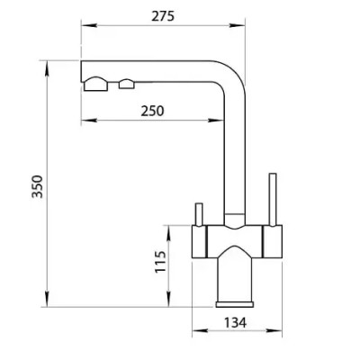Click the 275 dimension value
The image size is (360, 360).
coord(163,16)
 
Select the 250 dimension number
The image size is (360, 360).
coord(153,111)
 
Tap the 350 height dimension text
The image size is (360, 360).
coord(38,186)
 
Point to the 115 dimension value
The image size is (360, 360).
coord(160,262)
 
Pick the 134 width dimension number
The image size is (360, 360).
coord(235,323)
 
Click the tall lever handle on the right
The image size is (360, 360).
coord(273,200)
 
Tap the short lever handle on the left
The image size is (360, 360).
coord(199,214)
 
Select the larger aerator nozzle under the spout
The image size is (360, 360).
coord(95,84)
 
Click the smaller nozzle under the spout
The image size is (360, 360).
coord(127,84)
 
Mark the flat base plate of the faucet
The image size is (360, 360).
coord(234,304)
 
